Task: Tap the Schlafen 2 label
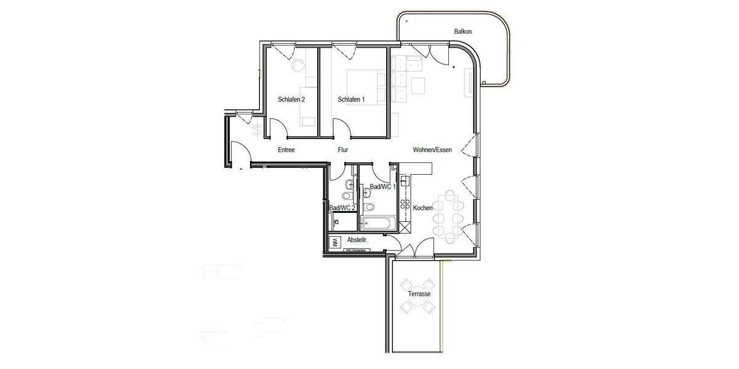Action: (291, 99)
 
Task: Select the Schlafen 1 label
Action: (351, 99)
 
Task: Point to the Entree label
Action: (286, 150)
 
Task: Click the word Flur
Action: (343, 150)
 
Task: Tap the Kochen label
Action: (423, 208)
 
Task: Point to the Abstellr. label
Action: (358, 240)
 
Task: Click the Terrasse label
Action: (419, 294)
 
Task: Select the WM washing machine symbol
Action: (335, 242)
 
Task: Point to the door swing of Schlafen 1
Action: (342, 127)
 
